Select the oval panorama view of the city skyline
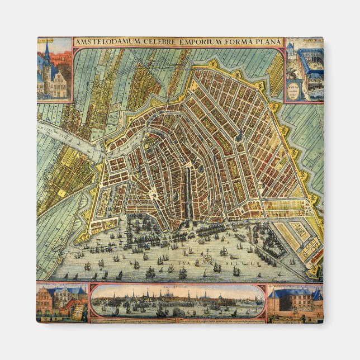coord(177,301)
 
